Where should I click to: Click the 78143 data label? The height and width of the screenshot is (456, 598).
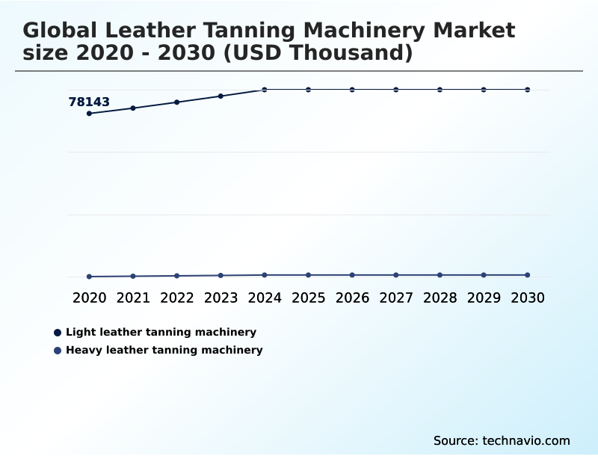point(89,102)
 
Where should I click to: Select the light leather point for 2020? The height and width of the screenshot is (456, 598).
point(89,114)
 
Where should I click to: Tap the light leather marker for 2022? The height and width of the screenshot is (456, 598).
point(177,102)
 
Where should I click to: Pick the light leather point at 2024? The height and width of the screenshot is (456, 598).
point(265,90)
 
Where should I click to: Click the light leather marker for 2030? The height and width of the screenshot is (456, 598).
point(527,90)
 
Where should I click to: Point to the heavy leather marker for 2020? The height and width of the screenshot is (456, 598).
point(89,277)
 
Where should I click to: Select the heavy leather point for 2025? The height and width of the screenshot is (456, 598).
point(308,275)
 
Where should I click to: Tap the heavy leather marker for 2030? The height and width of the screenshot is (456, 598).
point(527,275)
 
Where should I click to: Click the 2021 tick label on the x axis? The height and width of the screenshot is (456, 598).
point(133,298)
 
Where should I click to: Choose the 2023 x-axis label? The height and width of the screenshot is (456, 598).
point(221,298)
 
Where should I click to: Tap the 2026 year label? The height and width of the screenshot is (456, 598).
point(352,298)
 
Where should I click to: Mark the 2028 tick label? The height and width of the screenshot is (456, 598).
point(440,298)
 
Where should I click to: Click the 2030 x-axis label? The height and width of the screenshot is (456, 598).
point(527,298)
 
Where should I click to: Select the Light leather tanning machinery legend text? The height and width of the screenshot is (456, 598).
point(161,332)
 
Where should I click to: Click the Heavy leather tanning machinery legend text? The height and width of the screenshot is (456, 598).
point(164,350)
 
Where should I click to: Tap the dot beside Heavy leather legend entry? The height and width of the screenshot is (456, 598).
point(58,350)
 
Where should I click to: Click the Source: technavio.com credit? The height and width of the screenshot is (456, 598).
point(502,440)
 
